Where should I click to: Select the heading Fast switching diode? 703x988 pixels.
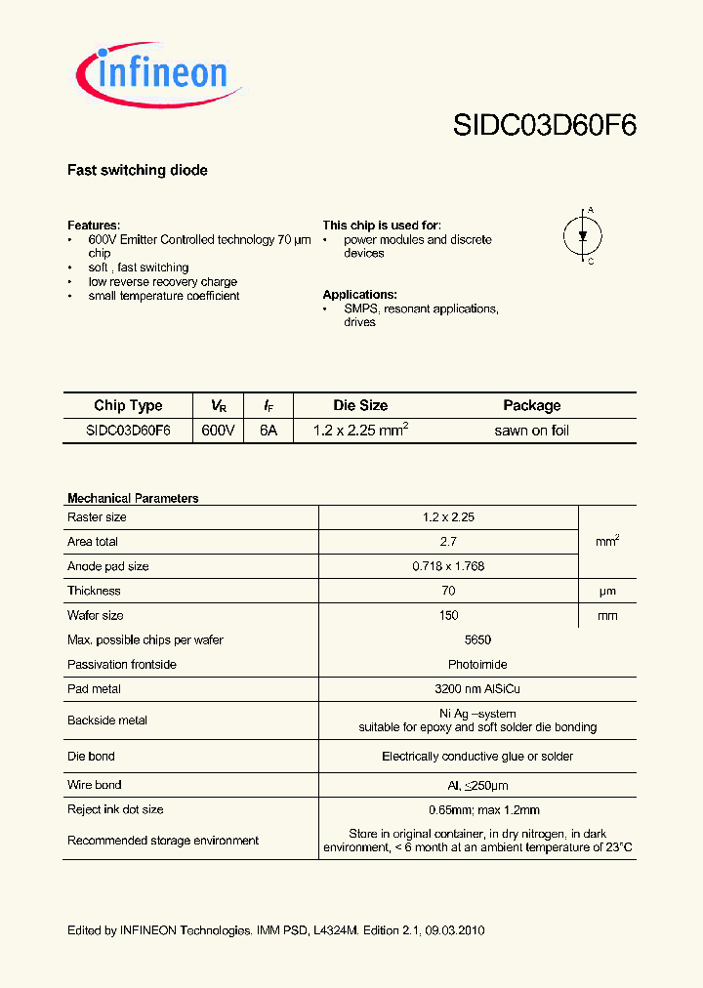(137, 170)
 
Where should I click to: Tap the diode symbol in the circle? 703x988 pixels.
(583, 235)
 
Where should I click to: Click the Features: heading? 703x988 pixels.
(94, 225)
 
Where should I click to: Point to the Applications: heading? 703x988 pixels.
(359, 294)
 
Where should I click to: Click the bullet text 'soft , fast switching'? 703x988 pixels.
(138, 268)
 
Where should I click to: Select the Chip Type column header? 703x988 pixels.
(128, 405)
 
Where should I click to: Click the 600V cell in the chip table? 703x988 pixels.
(218, 431)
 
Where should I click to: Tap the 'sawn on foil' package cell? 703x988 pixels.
(531, 431)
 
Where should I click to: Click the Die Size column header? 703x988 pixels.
(360, 405)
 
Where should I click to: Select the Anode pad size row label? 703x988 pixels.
(108, 566)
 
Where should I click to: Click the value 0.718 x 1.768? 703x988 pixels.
(448, 566)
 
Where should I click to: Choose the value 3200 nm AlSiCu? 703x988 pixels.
(448, 689)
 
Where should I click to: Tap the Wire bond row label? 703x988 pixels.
(95, 785)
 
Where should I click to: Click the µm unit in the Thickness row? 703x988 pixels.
(606, 591)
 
